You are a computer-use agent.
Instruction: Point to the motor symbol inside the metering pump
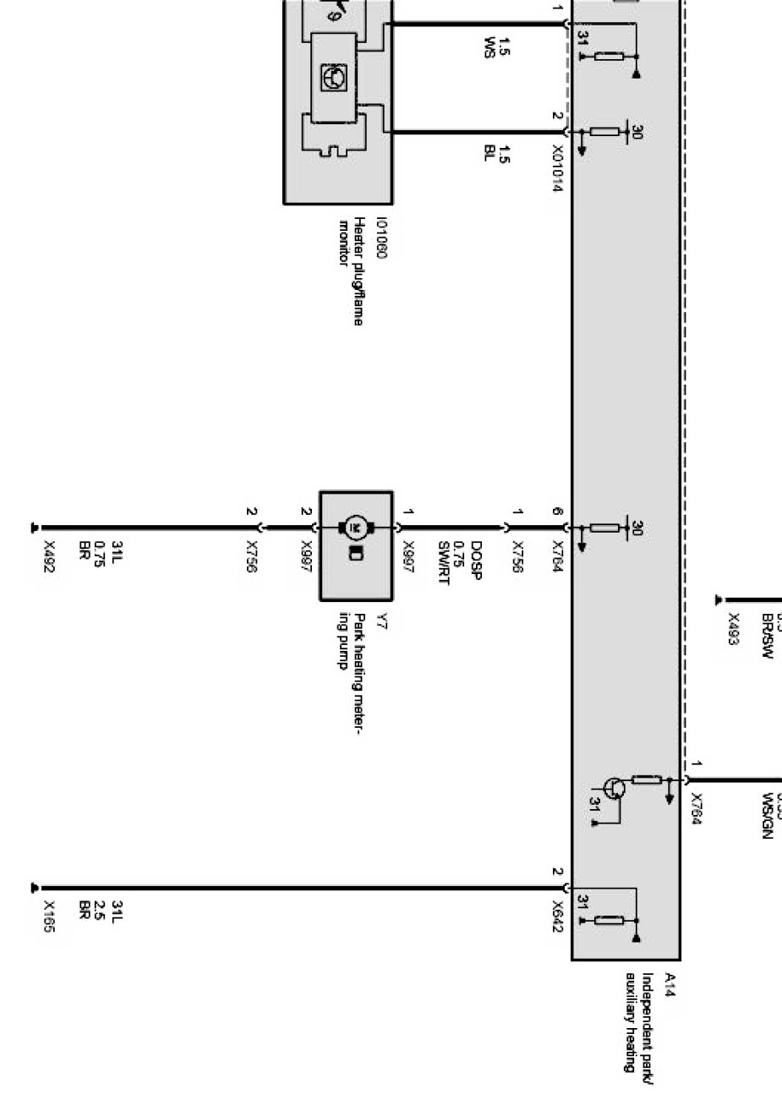click(x=356, y=528)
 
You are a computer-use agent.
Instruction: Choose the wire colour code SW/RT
click(x=444, y=562)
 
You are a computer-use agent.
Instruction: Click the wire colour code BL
click(x=489, y=153)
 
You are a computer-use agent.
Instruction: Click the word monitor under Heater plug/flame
click(x=344, y=243)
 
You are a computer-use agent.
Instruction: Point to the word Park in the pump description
click(x=360, y=626)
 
